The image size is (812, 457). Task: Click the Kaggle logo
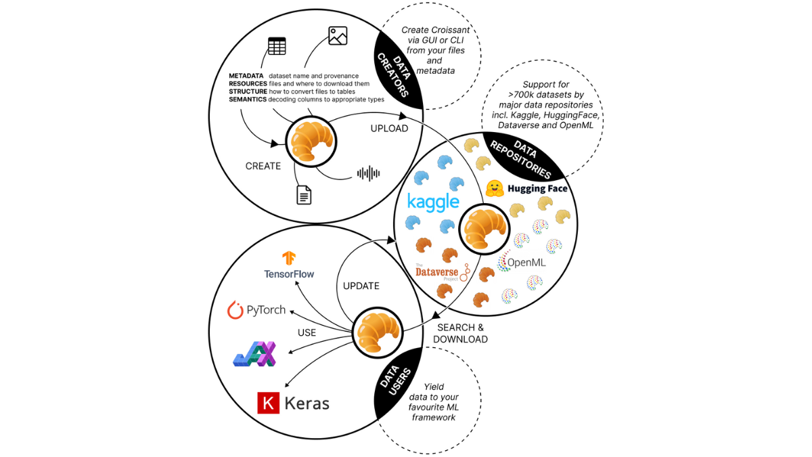pos(434,202)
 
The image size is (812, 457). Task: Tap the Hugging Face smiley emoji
pos(495,188)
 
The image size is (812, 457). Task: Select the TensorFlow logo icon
pos(289,258)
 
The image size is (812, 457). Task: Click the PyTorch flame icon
pos(235,311)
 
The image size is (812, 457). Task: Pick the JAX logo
pos(254,353)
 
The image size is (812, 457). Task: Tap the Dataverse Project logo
pos(440,272)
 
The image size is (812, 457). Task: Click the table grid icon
pos(276,47)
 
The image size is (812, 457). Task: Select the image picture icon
pos(338,36)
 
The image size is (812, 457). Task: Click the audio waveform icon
pos(368,173)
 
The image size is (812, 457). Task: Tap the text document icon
pos(304,195)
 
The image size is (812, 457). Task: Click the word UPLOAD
pos(389,128)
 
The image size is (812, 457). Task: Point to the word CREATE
pos(263,166)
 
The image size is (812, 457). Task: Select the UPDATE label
pos(361,286)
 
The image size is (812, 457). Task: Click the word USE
pos(307,332)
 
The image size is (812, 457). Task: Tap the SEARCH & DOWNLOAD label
pos(460,333)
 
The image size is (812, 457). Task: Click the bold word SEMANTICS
pos(247,100)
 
